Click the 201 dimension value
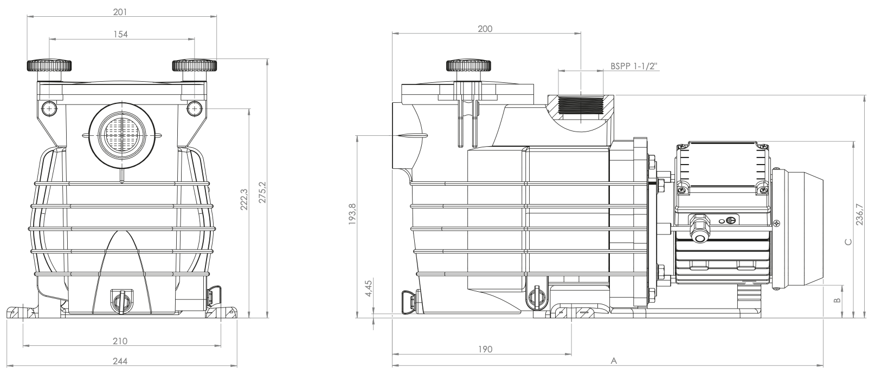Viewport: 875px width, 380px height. [x=120, y=12]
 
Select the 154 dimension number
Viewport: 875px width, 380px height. [x=121, y=34]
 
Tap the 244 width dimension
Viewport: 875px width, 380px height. [x=120, y=361]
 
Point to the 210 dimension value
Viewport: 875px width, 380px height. [x=120, y=341]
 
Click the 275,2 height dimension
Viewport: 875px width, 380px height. [x=262, y=192]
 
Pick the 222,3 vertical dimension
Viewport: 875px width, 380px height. [x=244, y=199]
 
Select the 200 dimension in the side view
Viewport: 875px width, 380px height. [x=485, y=29]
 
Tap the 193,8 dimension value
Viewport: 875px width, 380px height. [x=353, y=214]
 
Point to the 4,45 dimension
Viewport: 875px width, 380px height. [x=369, y=287]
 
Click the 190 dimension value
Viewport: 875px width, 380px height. [x=485, y=349]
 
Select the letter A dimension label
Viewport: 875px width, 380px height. [x=614, y=361]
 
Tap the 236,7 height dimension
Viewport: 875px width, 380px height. [x=860, y=214]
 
